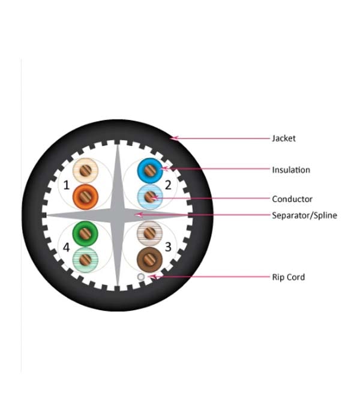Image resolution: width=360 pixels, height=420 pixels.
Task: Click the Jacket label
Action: point(284,139)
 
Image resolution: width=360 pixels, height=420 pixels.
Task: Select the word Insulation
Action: point(291,170)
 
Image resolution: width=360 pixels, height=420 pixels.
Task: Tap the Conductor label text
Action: point(292,199)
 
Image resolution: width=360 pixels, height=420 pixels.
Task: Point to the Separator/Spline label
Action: point(304,215)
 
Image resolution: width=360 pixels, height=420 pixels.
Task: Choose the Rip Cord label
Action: point(288,277)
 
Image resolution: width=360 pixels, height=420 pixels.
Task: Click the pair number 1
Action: point(66,185)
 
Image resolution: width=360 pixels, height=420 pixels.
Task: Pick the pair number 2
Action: point(168,185)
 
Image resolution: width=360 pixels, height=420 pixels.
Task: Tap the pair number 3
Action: point(168,247)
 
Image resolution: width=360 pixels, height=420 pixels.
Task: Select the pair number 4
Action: point(66,247)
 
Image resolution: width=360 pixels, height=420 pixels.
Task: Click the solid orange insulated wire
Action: point(85,197)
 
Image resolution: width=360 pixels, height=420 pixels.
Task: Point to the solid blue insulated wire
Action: point(150,170)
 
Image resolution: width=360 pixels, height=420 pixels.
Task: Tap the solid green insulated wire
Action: point(85,233)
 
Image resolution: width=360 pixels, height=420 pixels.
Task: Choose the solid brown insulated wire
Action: point(150,260)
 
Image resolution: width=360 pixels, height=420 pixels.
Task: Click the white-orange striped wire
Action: point(85,170)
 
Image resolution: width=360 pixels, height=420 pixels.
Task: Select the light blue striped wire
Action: point(150,197)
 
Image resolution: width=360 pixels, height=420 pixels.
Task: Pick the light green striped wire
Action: point(85,260)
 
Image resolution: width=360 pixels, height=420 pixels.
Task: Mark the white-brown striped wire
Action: point(150,233)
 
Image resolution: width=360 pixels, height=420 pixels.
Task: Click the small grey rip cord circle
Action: point(141,277)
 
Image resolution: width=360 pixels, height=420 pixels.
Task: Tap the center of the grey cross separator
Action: point(118,215)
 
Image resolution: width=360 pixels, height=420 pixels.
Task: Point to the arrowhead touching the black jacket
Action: point(174,138)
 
